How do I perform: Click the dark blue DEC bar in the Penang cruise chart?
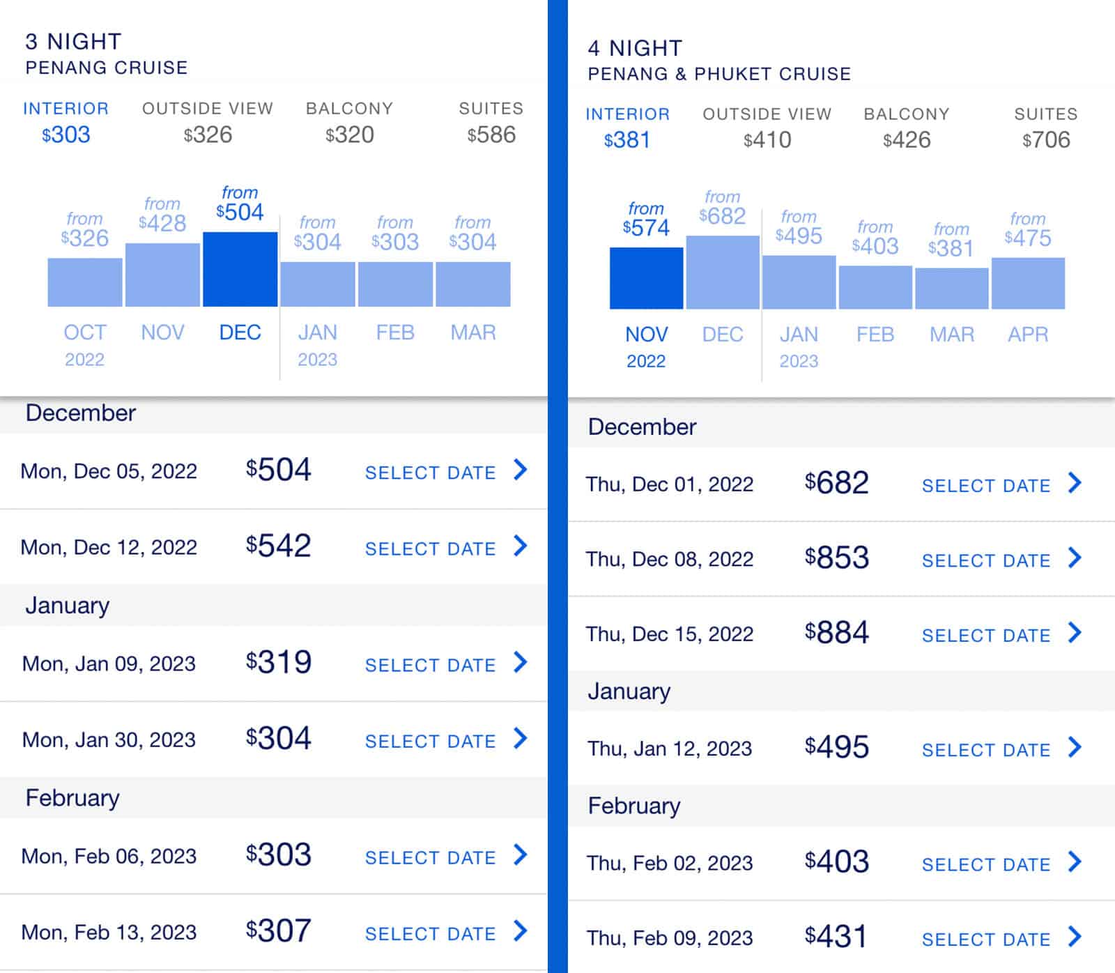(x=240, y=270)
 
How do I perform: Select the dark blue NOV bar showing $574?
(x=646, y=278)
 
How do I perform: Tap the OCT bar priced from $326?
(x=84, y=282)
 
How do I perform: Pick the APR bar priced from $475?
(x=1028, y=283)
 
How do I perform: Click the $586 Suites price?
(x=491, y=135)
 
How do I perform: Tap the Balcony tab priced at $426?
(x=906, y=128)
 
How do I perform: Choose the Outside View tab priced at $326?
(x=207, y=122)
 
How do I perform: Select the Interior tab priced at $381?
(x=627, y=128)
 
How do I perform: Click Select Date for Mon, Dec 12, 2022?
(x=430, y=549)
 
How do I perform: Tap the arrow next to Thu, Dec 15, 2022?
(x=1075, y=633)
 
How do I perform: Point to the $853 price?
(x=836, y=558)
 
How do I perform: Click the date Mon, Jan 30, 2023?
(x=109, y=740)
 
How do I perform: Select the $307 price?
(x=278, y=931)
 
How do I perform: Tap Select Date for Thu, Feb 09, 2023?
(x=985, y=940)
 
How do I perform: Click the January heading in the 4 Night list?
(x=629, y=691)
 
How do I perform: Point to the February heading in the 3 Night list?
(x=72, y=798)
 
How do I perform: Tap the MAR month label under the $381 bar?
(x=951, y=335)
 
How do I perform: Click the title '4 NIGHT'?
(x=635, y=48)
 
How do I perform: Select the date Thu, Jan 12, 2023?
(x=669, y=749)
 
